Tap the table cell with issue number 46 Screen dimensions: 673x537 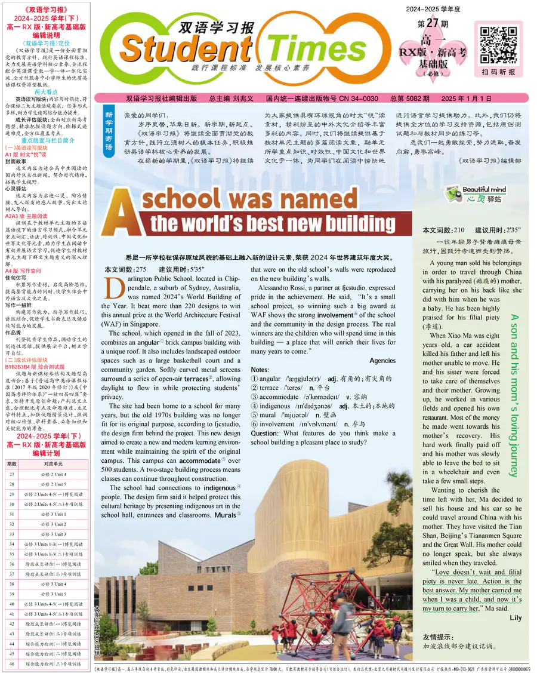point(12,663)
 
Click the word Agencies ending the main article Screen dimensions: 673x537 point(382,361)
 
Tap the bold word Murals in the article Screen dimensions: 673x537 point(226,514)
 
